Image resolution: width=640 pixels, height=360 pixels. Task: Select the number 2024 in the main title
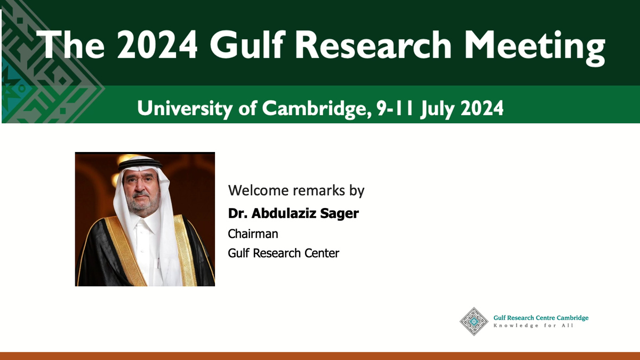click(157, 45)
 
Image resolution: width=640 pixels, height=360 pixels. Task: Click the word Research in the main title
click(373, 45)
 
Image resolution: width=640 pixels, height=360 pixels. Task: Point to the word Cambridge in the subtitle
click(317, 109)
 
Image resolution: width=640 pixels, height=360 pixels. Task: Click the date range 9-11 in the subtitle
click(395, 108)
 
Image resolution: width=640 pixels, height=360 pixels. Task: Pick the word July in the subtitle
click(437, 109)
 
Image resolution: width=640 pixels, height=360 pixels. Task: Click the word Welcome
click(258, 190)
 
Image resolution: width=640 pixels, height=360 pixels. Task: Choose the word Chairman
click(253, 234)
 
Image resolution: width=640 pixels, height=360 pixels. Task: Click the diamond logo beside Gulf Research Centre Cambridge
click(474, 322)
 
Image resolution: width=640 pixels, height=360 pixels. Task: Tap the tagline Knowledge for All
click(533, 325)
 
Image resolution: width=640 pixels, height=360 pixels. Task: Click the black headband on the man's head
click(140, 164)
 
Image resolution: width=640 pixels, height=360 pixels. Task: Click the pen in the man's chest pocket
click(158, 263)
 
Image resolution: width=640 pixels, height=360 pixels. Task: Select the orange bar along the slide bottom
click(320, 356)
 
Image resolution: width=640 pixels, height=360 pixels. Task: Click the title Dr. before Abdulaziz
click(238, 213)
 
